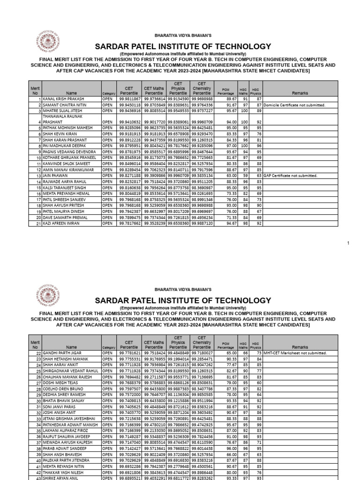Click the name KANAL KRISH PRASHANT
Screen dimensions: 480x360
click(63, 99)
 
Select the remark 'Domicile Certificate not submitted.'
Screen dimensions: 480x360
click(294, 105)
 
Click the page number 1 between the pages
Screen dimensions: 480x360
click(348, 243)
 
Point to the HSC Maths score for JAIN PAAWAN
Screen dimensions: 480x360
click(245, 176)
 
